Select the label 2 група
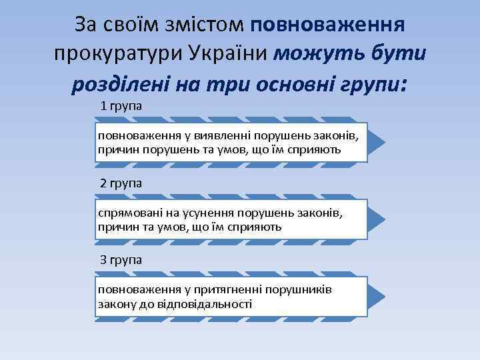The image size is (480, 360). pos(121,183)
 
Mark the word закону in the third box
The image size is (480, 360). pos(115,304)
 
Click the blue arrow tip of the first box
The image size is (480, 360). pos(377,141)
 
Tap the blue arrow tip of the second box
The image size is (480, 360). pos(377,219)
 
